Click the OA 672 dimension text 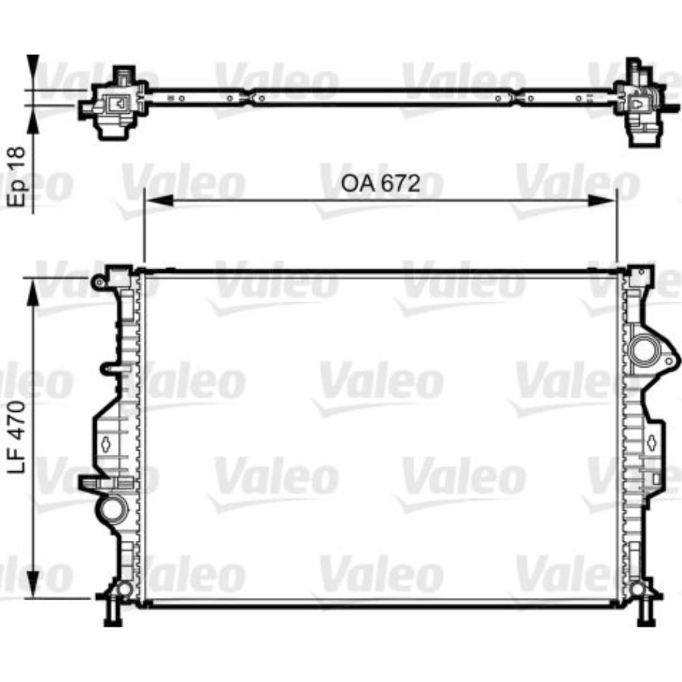click(379, 183)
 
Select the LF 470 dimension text click(19, 436)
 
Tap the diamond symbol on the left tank click(107, 444)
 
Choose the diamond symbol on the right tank click(651, 441)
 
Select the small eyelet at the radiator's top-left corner click(98, 281)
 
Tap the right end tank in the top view click(640, 104)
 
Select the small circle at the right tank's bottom click(638, 589)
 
